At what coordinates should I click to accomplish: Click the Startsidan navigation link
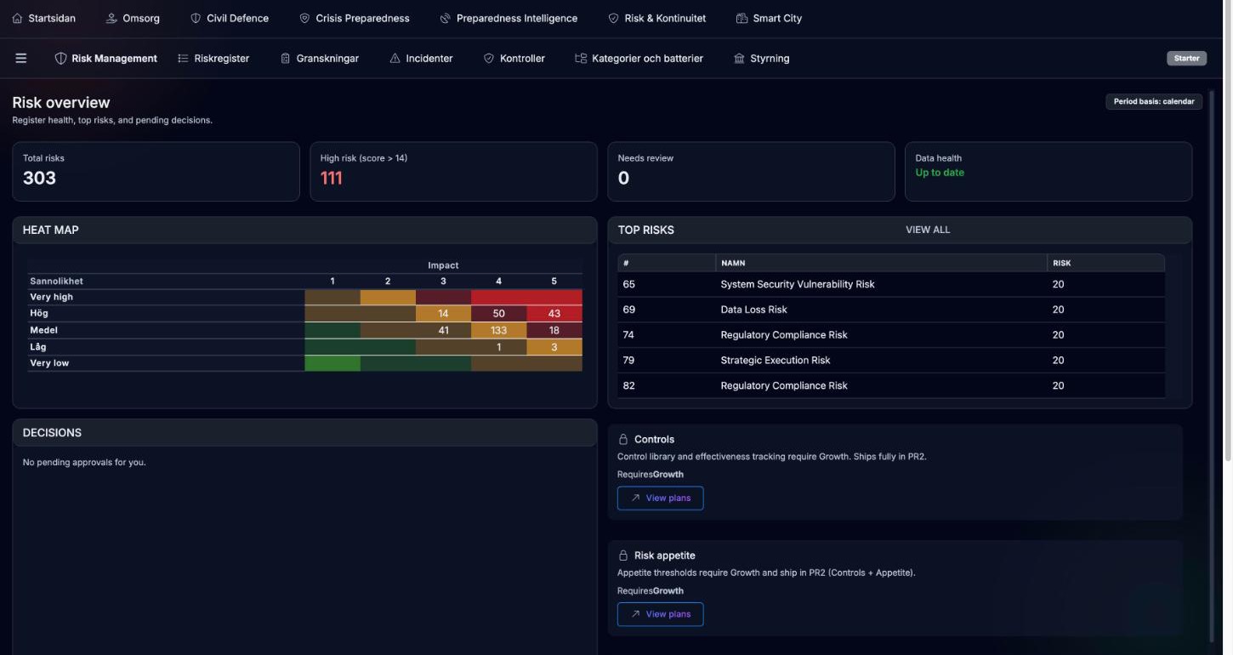coord(44,18)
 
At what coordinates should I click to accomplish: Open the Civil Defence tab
coord(230,18)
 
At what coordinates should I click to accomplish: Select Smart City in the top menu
coord(769,18)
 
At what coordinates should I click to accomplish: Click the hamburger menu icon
coord(21,59)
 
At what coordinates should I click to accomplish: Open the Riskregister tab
coord(213,59)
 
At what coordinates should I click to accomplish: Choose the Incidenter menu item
coord(421,59)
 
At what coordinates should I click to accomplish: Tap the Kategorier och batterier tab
coord(639,59)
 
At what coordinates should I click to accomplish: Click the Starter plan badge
coord(1186,59)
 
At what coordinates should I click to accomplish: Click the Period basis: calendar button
coord(1154,101)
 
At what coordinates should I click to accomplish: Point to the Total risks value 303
coord(39,179)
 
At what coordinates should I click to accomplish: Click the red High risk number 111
coord(332,179)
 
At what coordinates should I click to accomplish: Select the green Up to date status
coord(940,173)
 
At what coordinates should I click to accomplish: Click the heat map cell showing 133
coord(498,330)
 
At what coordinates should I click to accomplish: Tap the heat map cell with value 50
coord(498,313)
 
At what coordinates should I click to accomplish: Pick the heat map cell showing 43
coord(554,313)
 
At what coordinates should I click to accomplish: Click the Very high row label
coord(51,297)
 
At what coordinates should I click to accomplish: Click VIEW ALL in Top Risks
coord(928,230)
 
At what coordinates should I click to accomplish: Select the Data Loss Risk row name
coord(753,310)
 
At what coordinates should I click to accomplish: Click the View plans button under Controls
coord(660,498)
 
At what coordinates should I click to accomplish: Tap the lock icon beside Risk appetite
coord(622,555)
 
